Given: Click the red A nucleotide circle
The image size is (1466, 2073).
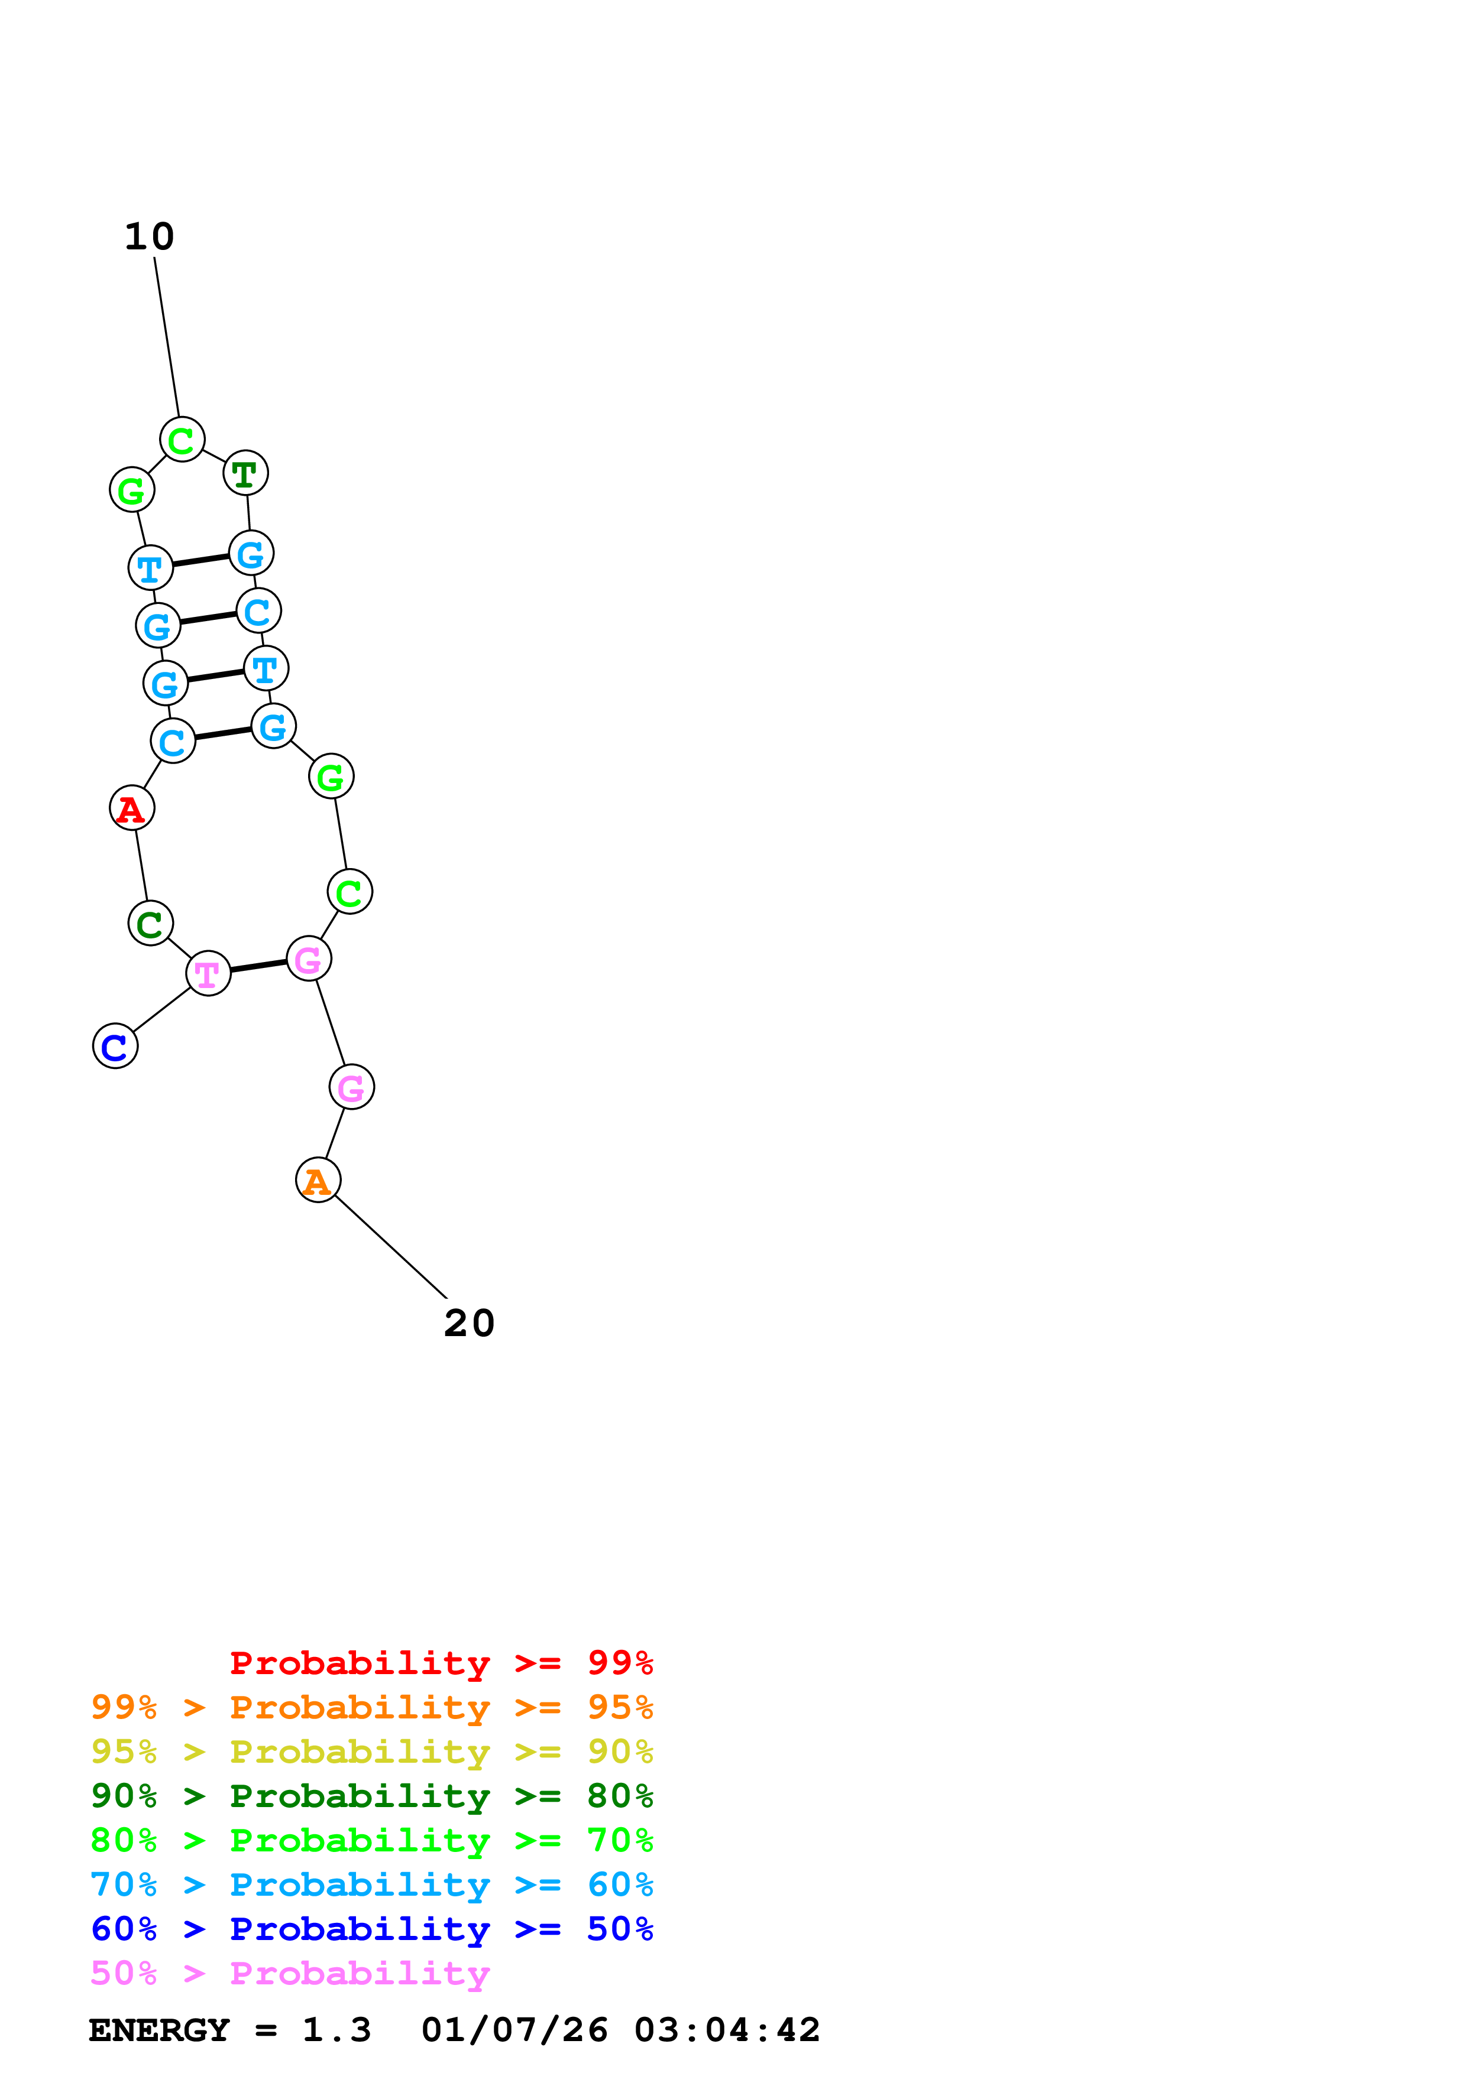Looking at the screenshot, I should [132, 807].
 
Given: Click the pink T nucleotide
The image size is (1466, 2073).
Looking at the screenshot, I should [209, 973].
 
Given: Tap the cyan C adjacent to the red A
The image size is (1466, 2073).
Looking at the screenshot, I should [173, 740].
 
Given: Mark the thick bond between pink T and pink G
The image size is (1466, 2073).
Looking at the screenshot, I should [258, 966].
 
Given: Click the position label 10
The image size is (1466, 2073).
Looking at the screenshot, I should [149, 236].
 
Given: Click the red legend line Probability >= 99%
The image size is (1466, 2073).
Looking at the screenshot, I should [441, 1662].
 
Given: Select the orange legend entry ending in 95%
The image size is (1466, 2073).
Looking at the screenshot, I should [371, 1707].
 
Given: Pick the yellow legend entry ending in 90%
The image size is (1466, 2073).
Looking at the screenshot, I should [371, 1752].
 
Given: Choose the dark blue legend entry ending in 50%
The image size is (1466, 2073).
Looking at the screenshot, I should [371, 1929].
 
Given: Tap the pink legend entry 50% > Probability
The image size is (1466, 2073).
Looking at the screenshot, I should [290, 1974].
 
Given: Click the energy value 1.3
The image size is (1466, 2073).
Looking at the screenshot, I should [336, 2030].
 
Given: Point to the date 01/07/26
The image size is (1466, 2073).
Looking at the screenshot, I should [514, 2030].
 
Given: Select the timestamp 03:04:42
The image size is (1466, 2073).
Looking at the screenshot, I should [727, 2030].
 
